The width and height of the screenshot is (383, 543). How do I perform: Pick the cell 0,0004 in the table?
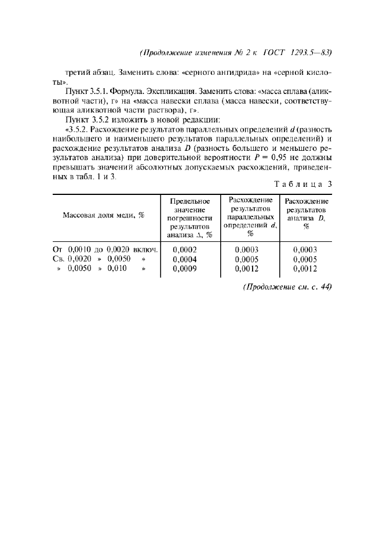pos(185,259)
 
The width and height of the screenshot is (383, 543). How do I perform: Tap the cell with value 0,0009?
pos(185,269)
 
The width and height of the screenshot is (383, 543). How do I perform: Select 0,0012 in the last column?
pos(305,269)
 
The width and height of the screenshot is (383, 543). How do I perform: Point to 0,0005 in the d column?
pos(247,259)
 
